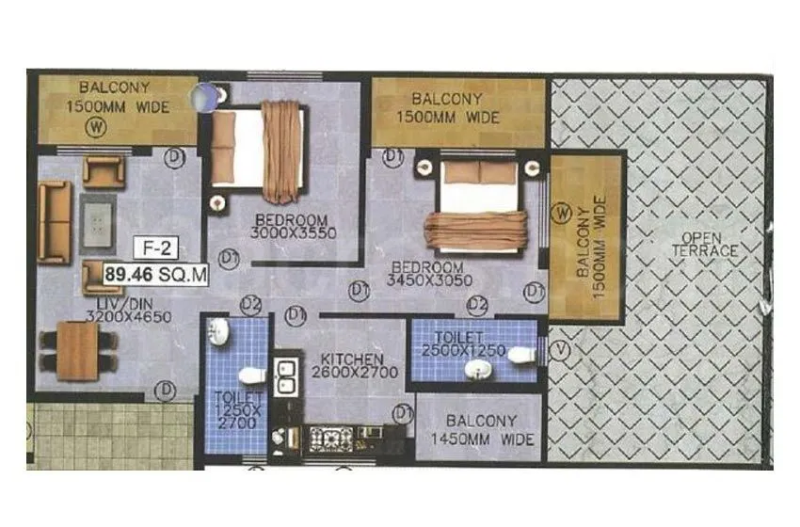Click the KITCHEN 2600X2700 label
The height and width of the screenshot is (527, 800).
350,366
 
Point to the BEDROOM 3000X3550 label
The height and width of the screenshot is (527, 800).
296,228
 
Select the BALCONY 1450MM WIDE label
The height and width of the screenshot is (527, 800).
479,430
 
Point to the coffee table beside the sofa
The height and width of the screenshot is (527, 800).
97,220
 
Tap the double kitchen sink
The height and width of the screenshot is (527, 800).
282,375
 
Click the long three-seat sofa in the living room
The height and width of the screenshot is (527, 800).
55,222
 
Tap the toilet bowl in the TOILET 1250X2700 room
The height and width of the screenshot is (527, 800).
251,375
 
